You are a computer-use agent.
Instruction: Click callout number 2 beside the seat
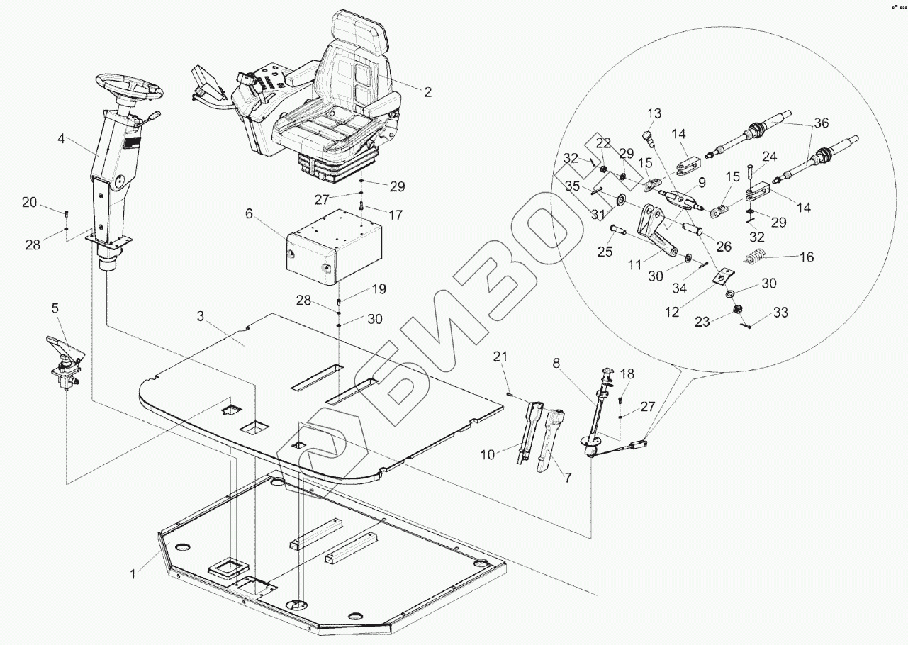(427, 92)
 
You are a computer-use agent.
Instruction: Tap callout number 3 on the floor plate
(201, 317)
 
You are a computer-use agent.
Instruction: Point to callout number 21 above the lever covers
(501, 358)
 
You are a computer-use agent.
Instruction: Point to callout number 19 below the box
(378, 289)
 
